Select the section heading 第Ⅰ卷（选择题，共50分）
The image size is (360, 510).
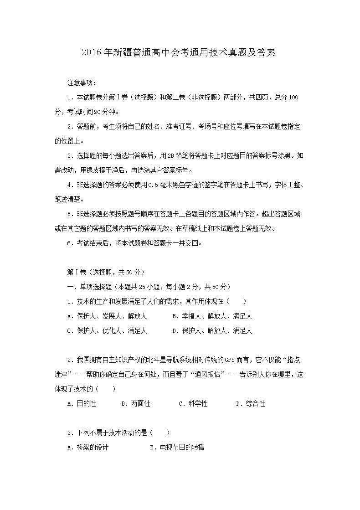[x=106, y=272]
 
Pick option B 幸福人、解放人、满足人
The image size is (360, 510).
[x=212, y=316]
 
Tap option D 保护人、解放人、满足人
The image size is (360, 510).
[x=212, y=331]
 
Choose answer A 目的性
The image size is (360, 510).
[x=82, y=404]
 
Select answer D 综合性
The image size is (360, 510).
[x=251, y=404]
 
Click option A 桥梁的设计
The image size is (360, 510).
[x=88, y=448]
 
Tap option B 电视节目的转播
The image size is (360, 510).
[x=177, y=448]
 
